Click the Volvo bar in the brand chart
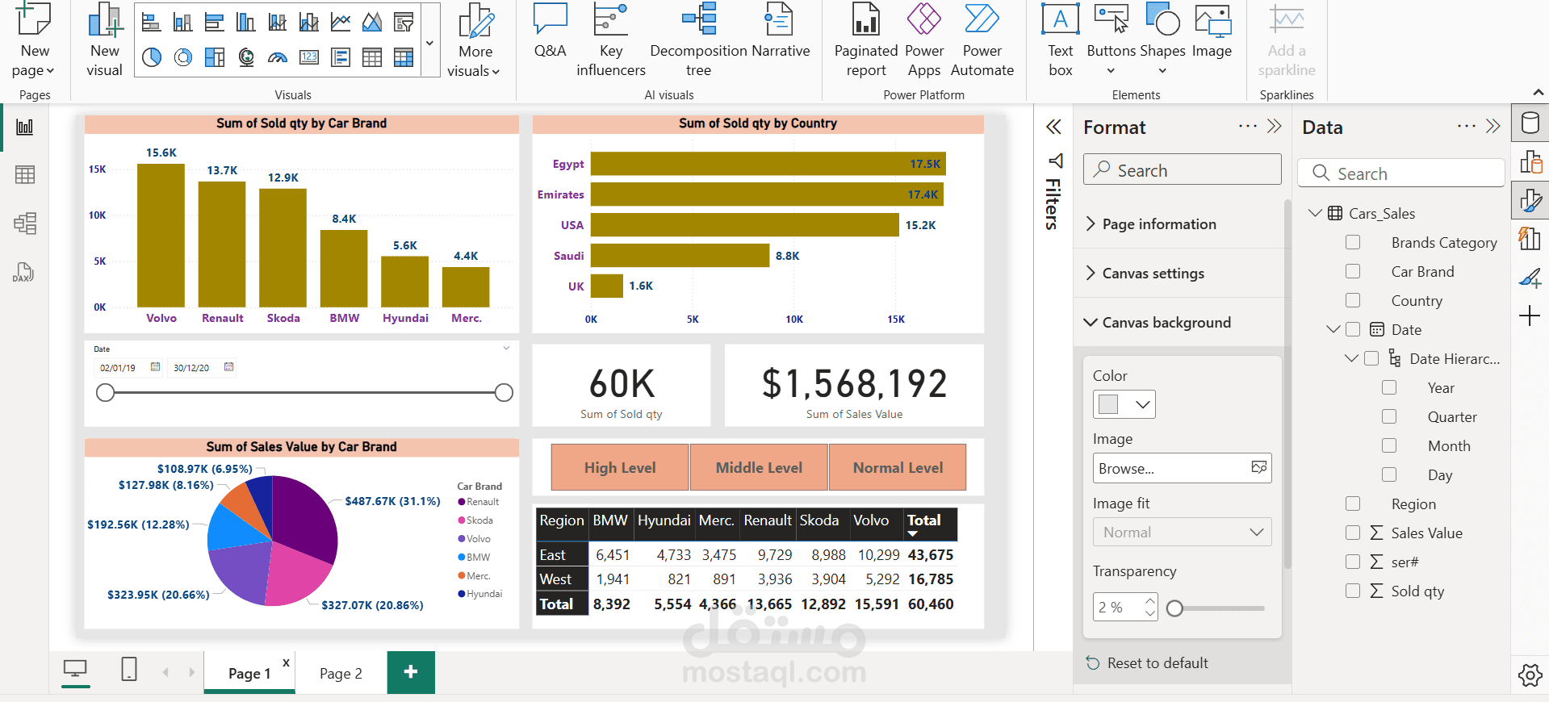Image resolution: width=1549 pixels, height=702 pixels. click(x=161, y=236)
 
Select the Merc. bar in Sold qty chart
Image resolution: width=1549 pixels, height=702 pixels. click(x=466, y=287)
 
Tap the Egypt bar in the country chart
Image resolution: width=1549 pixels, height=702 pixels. click(x=768, y=164)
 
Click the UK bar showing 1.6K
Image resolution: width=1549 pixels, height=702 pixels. click(x=606, y=286)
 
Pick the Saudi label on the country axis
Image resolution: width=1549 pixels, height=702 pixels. click(x=568, y=256)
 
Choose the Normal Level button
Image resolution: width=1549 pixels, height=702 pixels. click(x=898, y=467)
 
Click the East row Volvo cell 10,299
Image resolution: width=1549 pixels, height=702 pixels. click(x=878, y=555)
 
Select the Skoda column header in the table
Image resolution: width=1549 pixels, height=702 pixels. click(x=819, y=520)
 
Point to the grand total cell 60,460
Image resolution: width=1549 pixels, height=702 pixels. click(x=931, y=604)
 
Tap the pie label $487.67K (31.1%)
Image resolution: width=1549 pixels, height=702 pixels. click(x=393, y=501)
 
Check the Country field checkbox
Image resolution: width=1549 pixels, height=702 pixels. click(x=1353, y=300)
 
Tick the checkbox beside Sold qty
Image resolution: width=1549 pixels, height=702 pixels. click(x=1353, y=591)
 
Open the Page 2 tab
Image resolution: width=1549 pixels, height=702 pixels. click(x=341, y=673)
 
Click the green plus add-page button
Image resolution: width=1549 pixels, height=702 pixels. click(x=411, y=672)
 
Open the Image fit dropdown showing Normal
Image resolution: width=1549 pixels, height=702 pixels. click(x=1182, y=533)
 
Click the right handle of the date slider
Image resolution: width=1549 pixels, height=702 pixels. click(x=504, y=393)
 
